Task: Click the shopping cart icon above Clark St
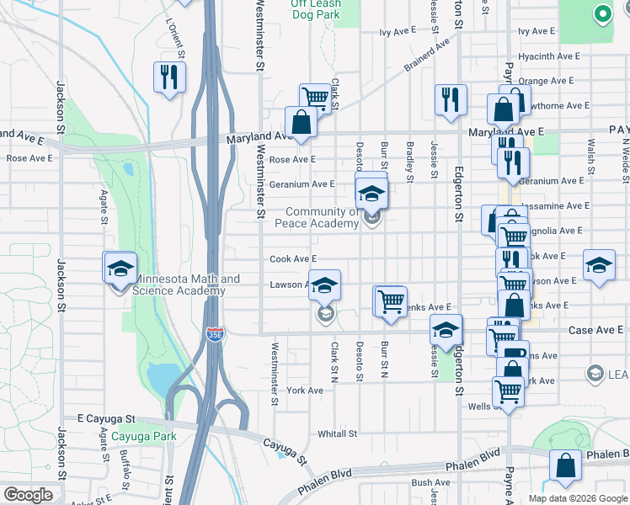point(315,98)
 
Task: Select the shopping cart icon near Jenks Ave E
point(390,300)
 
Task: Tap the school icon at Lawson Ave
point(324,285)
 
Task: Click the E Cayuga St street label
point(106,418)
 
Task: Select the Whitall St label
point(337,434)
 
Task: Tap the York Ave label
point(305,391)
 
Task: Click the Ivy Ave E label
point(398,31)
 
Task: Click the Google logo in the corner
point(28,495)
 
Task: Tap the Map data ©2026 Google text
point(578,498)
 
